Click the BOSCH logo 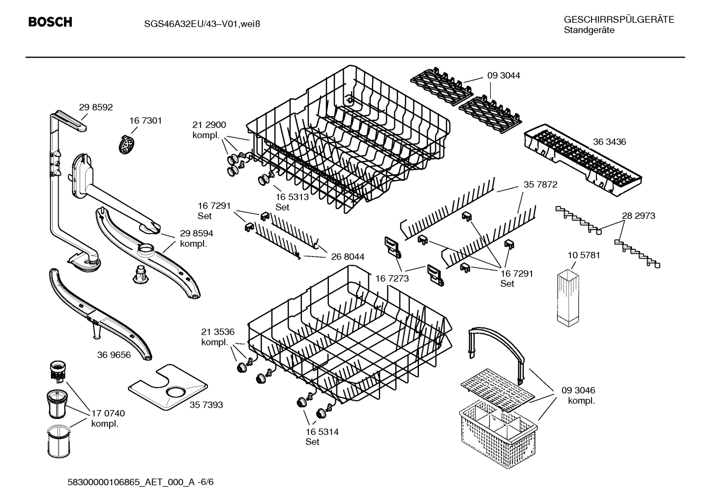click(x=50, y=22)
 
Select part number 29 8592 click(x=96, y=107)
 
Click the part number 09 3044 click(x=503, y=76)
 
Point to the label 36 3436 click(x=609, y=142)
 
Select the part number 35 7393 click(x=206, y=405)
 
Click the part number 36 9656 click(x=114, y=354)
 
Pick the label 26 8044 click(x=348, y=257)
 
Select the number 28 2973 click(x=638, y=216)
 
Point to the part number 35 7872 click(x=540, y=185)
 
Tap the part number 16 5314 click(x=322, y=432)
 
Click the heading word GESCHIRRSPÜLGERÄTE click(x=619, y=20)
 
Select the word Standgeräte click(x=589, y=30)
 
